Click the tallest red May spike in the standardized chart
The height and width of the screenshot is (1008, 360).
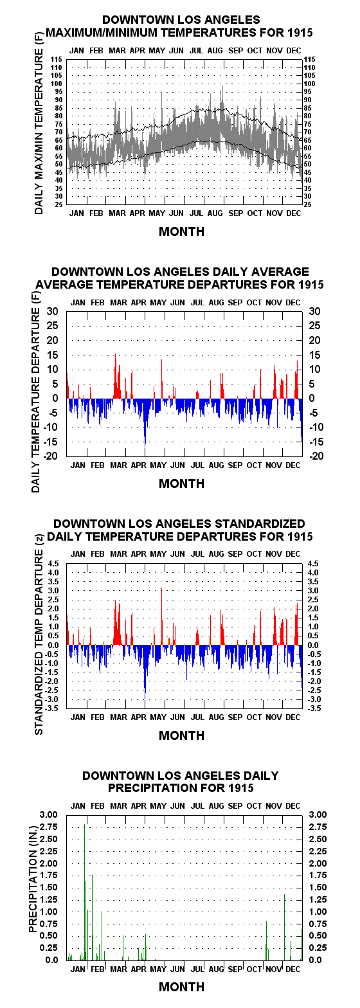(161, 616)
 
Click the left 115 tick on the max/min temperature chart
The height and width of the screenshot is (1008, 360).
(57, 59)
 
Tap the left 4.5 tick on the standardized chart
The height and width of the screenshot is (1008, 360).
(53, 563)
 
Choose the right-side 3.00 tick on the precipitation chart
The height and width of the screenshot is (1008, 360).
(318, 815)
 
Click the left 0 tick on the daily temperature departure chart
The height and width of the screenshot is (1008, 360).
(55, 399)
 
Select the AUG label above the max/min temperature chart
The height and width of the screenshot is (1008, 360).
(215, 51)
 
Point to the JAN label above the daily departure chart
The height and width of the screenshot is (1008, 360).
(78, 303)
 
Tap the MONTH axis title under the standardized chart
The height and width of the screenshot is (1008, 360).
(181, 735)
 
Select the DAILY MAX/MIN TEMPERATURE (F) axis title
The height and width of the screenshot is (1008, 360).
(39, 123)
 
